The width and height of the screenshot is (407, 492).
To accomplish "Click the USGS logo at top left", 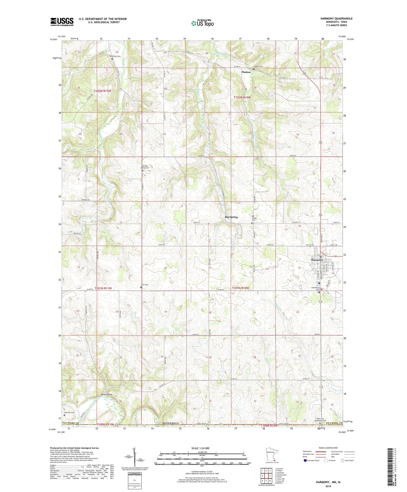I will pos(62,22).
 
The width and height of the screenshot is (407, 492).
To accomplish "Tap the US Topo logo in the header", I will pos(202,23).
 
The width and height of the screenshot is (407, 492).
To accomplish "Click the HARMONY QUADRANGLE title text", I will pos(336,18).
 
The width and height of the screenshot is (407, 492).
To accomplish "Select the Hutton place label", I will pos(246,72).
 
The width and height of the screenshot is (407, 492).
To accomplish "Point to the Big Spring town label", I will pos(231,217).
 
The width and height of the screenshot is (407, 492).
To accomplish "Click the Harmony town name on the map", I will pos(317,260).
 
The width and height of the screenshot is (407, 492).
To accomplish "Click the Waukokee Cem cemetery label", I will pos(115,56).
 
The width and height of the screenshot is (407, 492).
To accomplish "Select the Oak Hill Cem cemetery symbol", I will pos(65,415).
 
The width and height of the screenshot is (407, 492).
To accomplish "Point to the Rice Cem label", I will pos(144,285).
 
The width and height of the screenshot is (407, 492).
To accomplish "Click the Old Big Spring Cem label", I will pos(145,167).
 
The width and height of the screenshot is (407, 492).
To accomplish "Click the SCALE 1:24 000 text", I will pos(202,448).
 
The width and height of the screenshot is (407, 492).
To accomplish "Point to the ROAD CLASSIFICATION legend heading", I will pos(328,448).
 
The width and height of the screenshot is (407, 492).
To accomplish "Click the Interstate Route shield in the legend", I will pos(305,461).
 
